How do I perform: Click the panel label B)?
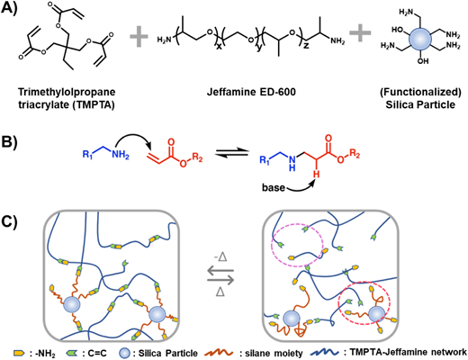click(x=9, y=142)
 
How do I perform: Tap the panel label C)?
click(x=9, y=221)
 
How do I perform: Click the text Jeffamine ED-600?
click(x=251, y=92)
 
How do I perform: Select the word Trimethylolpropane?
click(x=67, y=92)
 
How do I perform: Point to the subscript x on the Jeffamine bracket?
click(x=219, y=48)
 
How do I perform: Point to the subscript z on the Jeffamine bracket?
click(x=306, y=48)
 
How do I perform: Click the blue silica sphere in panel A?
click(x=420, y=39)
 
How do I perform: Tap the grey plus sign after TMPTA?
click(x=139, y=37)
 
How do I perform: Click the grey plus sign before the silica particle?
click(x=360, y=31)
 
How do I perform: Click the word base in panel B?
click(x=274, y=187)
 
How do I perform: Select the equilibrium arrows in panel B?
click(x=231, y=153)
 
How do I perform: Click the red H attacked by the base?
click(x=315, y=175)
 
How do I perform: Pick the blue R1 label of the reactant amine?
click(x=87, y=155)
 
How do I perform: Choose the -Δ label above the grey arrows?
click(x=220, y=257)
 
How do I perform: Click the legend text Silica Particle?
click(x=168, y=353)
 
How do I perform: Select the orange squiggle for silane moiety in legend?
click(x=220, y=352)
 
